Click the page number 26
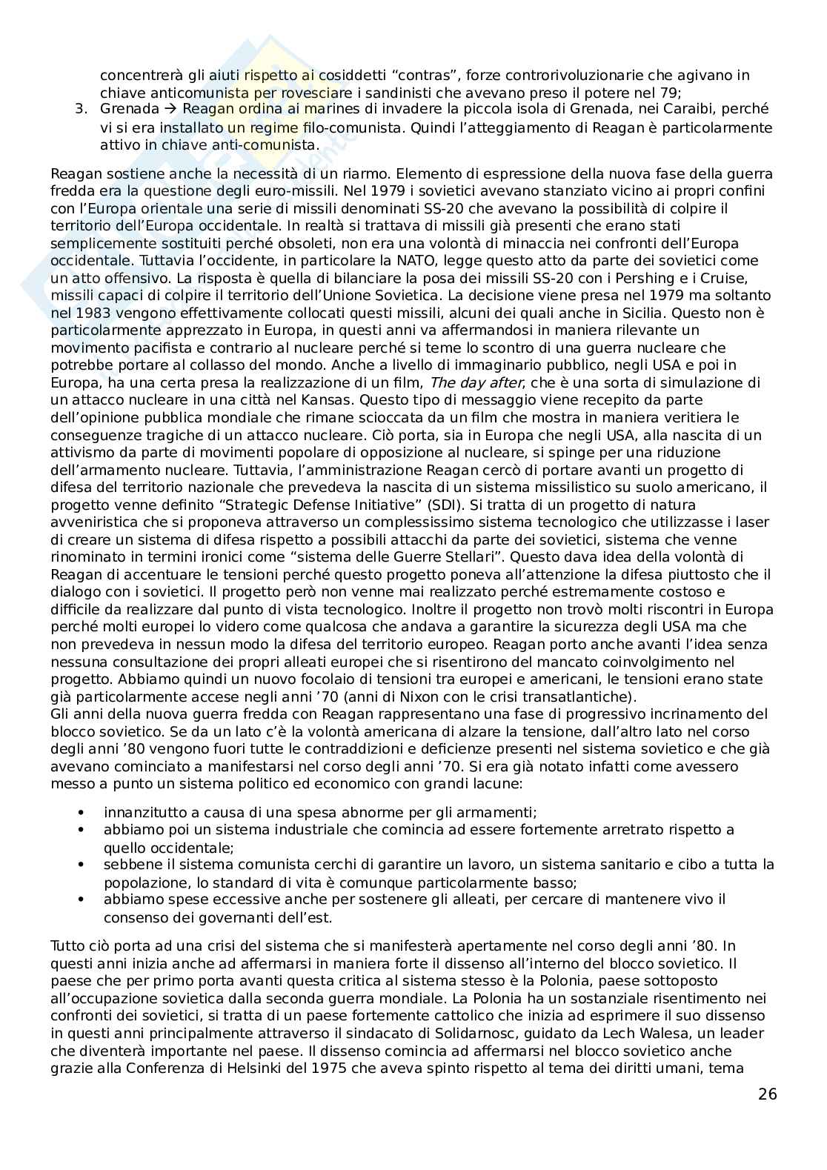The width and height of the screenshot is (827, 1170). coord(768,1094)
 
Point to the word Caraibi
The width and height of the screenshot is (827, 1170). coord(673,110)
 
